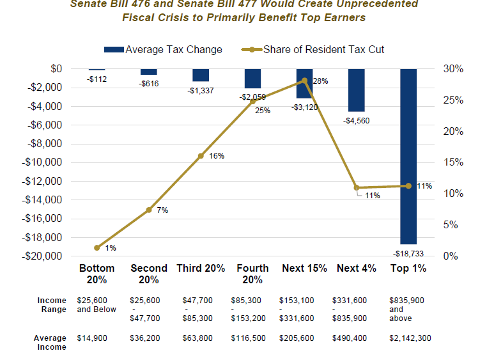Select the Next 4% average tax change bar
tap(356, 90)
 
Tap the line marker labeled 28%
tap(304, 81)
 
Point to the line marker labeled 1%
tap(97, 247)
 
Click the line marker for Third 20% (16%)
tap(201, 155)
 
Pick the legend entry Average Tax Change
tap(163, 49)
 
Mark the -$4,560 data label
tap(355, 120)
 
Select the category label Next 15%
tap(304, 269)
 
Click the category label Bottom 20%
tap(97, 274)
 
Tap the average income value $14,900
tap(95, 338)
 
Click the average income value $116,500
tap(249, 338)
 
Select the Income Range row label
tap(52, 304)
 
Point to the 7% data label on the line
tap(162, 210)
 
